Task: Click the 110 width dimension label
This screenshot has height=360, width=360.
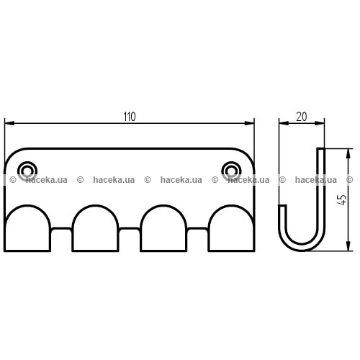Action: tap(130, 117)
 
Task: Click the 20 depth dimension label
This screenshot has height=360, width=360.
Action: tap(302, 117)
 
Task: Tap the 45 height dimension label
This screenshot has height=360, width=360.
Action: tap(343, 199)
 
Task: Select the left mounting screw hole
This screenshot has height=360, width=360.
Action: tap(27, 171)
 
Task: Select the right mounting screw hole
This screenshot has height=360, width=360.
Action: tap(231, 171)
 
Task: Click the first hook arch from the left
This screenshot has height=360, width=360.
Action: tap(27, 206)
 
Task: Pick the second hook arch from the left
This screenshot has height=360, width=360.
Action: tap(95, 206)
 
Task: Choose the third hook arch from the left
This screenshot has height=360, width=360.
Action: tap(163, 206)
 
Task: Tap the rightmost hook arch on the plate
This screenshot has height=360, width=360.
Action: tap(231, 206)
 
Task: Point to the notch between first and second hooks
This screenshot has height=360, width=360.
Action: tap(61, 228)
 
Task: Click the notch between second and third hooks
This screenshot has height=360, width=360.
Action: tap(130, 228)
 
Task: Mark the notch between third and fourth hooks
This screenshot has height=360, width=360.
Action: tap(197, 228)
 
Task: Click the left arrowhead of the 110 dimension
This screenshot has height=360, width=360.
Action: tap(9, 123)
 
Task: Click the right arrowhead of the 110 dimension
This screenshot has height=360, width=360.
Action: tap(249, 123)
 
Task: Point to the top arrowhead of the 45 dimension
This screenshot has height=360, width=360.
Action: tap(348, 153)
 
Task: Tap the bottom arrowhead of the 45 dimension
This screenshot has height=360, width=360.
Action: tap(348, 246)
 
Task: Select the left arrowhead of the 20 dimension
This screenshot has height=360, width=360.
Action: tap(284, 123)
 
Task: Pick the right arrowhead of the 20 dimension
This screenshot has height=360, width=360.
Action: tap(320, 123)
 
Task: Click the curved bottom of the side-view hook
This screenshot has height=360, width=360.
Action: tap(302, 248)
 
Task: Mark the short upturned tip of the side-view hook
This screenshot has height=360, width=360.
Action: tap(282, 206)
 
